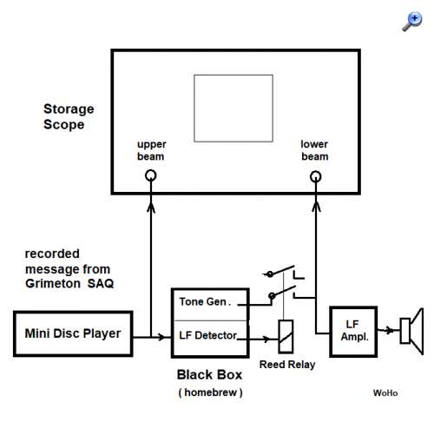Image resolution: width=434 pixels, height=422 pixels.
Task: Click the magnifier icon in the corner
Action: pyautogui.click(x=412, y=22)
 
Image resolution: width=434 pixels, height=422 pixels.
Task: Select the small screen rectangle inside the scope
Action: pyautogui.click(x=233, y=75)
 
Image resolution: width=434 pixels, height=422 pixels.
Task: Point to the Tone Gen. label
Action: pyautogui.click(x=205, y=302)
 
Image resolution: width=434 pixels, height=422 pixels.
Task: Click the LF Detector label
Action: pyautogui.click(x=208, y=335)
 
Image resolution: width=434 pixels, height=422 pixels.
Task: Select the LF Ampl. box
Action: pyautogui.click(x=331, y=332)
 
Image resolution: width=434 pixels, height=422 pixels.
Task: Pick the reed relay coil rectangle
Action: pyautogui.click(x=279, y=337)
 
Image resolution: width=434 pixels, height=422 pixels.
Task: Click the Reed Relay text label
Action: pyautogui.click(x=287, y=365)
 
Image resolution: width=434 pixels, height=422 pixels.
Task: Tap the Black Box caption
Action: pyautogui.click(x=209, y=375)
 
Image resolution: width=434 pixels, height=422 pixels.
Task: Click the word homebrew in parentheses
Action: pyautogui.click(x=210, y=392)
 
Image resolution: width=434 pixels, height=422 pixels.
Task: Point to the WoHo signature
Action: pyautogui.click(x=385, y=393)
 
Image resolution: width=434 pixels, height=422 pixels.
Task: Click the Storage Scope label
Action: pyautogui.click(x=69, y=117)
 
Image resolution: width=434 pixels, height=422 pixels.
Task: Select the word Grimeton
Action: pyautogui.click(x=53, y=283)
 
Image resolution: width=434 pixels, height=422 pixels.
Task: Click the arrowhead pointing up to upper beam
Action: pyautogui.click(x=151, y=208)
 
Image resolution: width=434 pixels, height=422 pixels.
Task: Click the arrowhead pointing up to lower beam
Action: pyautogui.click(x=316, y=207)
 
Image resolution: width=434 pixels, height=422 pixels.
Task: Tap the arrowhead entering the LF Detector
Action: pyautogui.click(x=161, y=337)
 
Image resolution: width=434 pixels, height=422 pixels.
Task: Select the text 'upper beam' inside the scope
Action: pyautogui.click(x=151, y=150)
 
